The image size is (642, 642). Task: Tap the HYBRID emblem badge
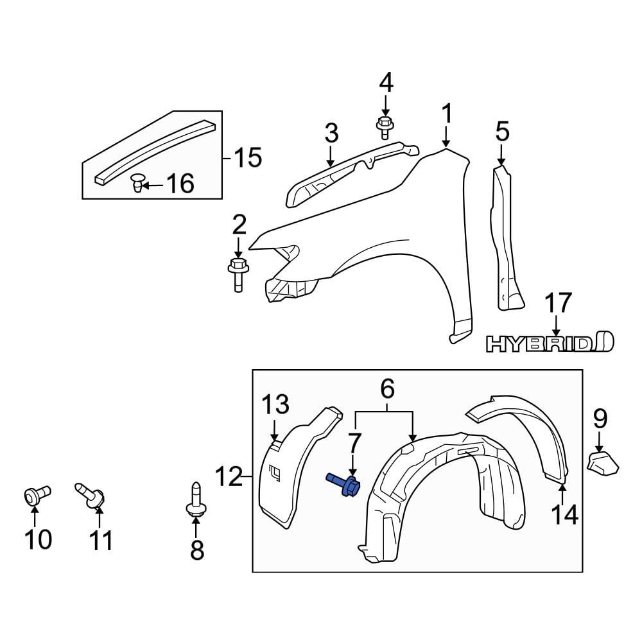click(550, 343)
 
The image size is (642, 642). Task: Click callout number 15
click(247, 157)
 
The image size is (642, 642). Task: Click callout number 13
click(274, 405)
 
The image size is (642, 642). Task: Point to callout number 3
click(331, 134)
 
